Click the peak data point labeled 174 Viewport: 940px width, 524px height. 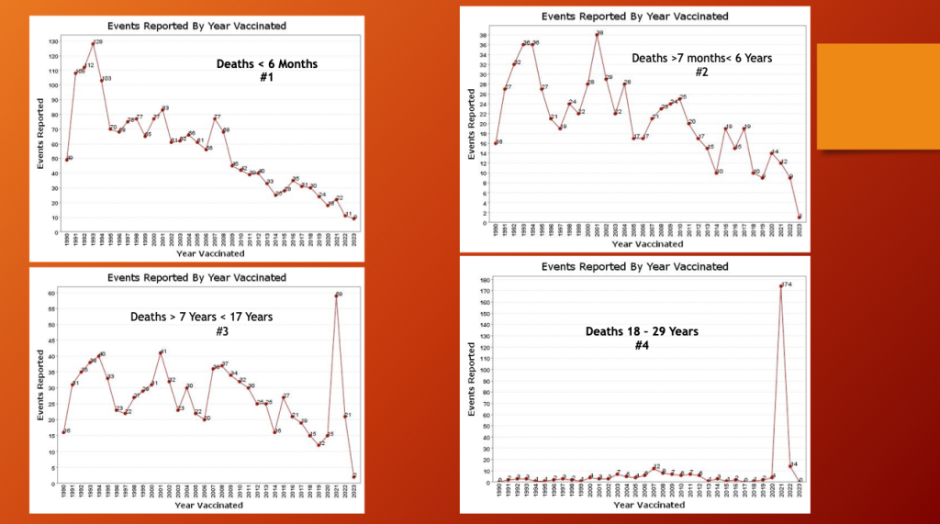(x=780, y=286)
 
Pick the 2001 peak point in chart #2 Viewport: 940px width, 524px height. (x=598, y=34)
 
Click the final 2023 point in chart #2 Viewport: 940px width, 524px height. (x=800, y=217)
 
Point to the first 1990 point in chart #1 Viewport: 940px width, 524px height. (x=66, y=160)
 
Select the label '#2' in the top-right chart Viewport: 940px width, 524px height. (x=701, y=72)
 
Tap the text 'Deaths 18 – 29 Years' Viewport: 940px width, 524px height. (x=642, y=330)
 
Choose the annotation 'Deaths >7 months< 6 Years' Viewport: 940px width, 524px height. (x=701, y=58)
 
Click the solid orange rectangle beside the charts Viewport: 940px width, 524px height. (x=878, y=95)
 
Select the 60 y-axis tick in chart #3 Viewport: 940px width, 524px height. (x=52, y=293)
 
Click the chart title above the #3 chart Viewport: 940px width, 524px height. (x=196, y=277)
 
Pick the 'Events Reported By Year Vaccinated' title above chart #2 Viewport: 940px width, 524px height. (x=634, y=17)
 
